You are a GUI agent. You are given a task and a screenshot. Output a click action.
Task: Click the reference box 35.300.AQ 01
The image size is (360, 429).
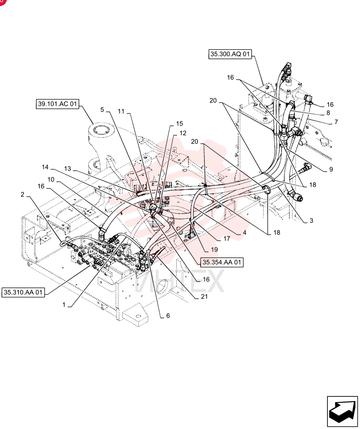[x=230, y=54]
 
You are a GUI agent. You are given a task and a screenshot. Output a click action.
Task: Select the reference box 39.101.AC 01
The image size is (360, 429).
[x=57, y=104]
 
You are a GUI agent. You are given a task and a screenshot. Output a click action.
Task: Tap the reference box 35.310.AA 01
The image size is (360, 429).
[x=23, y=292]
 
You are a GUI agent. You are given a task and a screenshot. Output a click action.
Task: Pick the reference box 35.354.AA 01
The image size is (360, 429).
[x=222, y=262]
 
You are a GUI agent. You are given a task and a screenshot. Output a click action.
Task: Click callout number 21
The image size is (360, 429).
[x=204, y=296]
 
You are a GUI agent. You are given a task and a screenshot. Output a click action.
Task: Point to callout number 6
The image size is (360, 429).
[x=168, y=315]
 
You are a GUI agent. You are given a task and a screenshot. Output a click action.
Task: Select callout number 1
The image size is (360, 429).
[x=64, y=305]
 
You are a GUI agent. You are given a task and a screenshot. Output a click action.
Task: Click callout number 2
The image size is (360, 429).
[x=22, y=194]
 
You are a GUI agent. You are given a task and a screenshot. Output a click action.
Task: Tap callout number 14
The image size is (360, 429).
[x=45, y=167]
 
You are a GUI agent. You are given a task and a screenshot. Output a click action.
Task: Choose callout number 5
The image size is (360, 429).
[x=102, y=110]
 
